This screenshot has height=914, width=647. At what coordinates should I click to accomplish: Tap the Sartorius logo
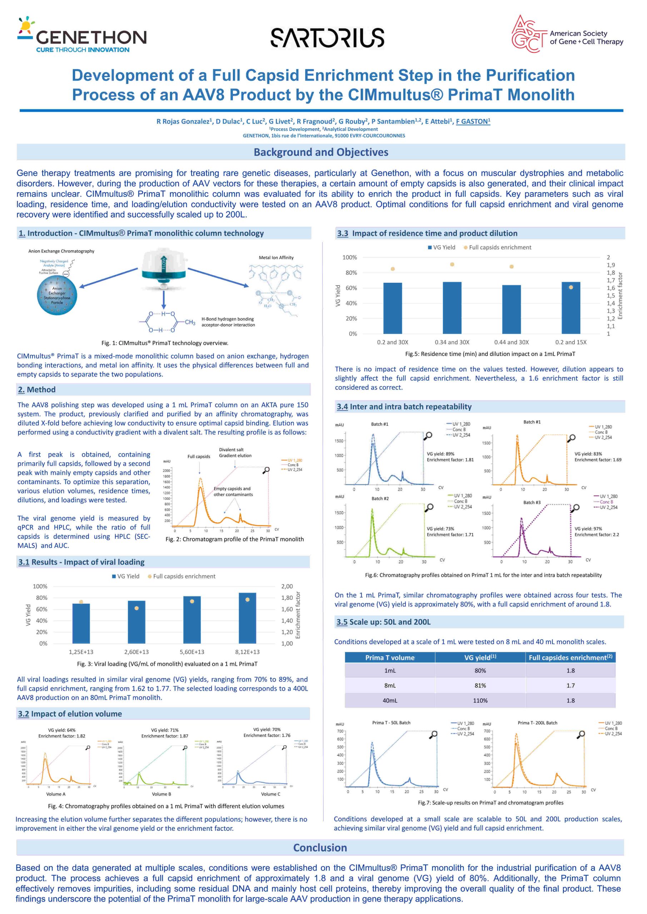(x=328, y=37)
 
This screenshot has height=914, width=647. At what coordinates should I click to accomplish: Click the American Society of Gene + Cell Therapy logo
(x=567, y=34)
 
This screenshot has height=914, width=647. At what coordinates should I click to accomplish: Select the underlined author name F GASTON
(x=473, y=121)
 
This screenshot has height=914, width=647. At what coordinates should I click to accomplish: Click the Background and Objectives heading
(x=321, y=152)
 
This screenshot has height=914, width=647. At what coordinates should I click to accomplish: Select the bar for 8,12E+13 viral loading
(x=248, y=618)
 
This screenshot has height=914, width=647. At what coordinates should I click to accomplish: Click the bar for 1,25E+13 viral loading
(x=81, y=623)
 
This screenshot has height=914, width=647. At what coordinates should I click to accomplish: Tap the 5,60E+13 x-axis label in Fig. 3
(x=192, y=652)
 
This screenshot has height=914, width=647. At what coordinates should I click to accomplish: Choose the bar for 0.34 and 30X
(x=452, y=307)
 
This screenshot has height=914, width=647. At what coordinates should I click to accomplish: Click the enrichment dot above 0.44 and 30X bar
(x=512, y=267)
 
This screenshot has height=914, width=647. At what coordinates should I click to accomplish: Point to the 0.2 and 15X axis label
(x=571, y=342)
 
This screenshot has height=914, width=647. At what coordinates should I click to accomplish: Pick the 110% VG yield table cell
(x=480, y=700)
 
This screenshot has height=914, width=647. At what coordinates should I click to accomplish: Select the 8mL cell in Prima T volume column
(x=390, y=685)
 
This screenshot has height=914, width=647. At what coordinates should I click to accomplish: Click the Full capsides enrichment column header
(x=570, y=657)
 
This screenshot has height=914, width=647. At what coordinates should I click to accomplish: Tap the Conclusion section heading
(x=320, y=848)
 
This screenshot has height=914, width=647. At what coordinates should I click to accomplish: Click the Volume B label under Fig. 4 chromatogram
(x=161, y=794)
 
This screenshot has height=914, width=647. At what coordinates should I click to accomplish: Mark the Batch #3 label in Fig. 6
(x=532, y=502)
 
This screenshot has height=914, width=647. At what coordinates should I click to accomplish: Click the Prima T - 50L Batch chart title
(x=391, y=723)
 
